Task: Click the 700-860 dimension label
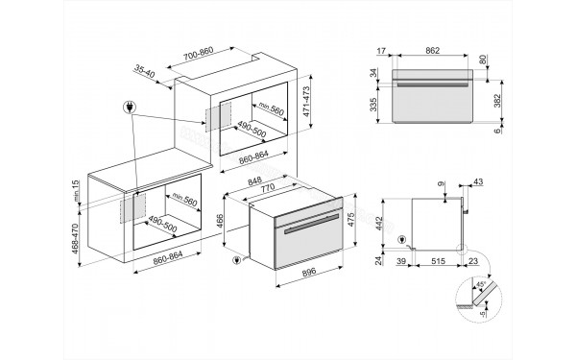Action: point(199,53)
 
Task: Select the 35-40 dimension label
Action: point(144,71)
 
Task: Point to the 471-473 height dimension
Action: point(306,102)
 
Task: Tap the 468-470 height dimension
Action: point(75,239)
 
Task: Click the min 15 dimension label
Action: point(76,191)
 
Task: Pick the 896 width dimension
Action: point(309,273)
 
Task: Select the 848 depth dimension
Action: point(254,180)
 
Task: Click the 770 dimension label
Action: point(268,188)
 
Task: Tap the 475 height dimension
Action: point(350,219)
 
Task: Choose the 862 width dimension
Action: point(433,51)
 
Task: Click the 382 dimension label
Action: point(497,101)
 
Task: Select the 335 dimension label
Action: point(373,105)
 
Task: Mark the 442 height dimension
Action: point(379,224)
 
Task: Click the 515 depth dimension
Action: point(439,261)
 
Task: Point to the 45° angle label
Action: point(481,284)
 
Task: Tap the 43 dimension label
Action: point(478,181)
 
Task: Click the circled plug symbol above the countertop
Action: point(130,108)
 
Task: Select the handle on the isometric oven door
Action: point(311,224)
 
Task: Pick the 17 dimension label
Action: point(381,51)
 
